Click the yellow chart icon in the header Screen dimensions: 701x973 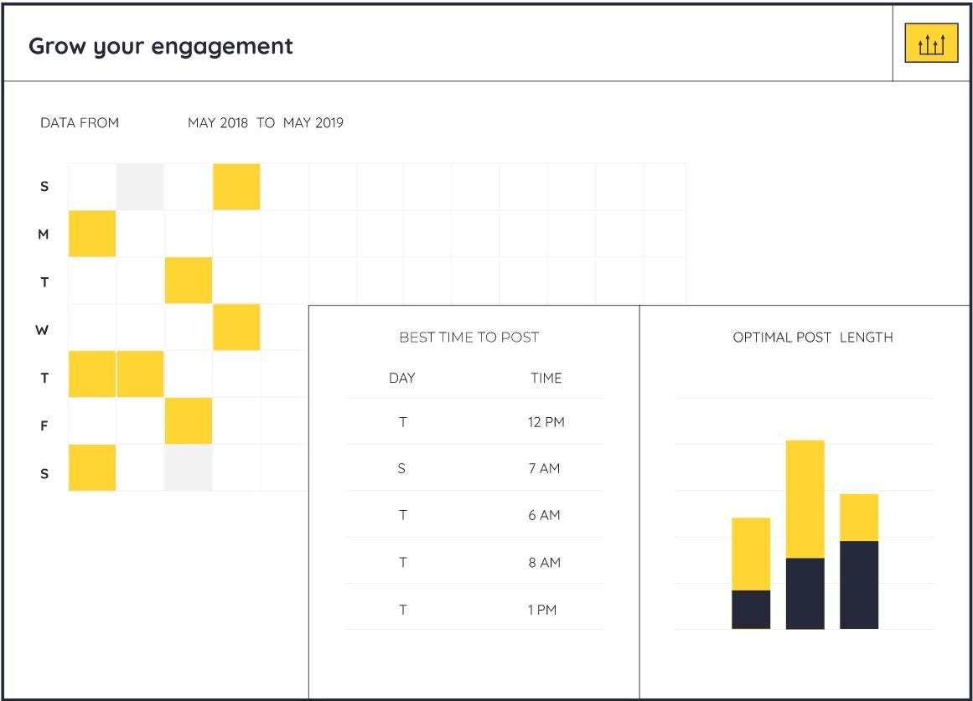click(931, 44)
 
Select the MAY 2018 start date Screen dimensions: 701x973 click(218, 123)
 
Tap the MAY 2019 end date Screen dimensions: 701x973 click(313, 123)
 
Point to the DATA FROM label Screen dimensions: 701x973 click(80, 123)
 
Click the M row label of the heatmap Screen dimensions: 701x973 click(44, 235)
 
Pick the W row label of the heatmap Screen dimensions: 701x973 click(42, 330)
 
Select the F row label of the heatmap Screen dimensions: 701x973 click(44, 425)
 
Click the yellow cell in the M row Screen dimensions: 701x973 click(92, 234)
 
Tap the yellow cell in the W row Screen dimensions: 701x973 click(236, 327)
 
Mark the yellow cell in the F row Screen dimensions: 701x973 click(189, 421)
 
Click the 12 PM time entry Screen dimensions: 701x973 click(546, 422)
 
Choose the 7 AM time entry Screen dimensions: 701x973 click(544, 468)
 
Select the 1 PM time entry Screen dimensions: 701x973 click(542, 610)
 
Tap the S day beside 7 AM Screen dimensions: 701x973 click(401, 468)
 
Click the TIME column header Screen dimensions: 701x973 click(546, 378)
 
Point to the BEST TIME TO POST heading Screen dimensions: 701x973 click(468, 338)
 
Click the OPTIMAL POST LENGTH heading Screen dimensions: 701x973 click(812, 338)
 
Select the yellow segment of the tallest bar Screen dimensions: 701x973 click(805, 498)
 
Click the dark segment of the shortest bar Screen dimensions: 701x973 click(751, 610)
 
